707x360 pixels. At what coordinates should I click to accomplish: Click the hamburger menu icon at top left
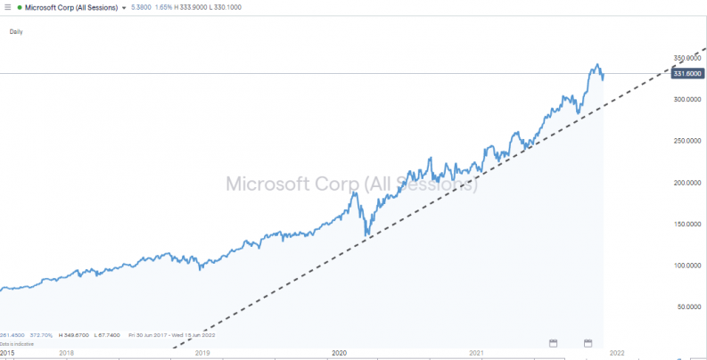click(7, 7)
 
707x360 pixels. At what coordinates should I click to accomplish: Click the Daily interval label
click(16, 32)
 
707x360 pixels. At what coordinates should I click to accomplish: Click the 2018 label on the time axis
click(66, 353)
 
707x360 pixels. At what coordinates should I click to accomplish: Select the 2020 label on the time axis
click(339, 353)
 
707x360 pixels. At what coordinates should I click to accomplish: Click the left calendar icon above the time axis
click(552, 342)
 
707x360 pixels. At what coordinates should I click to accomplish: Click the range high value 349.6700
click(74, 335)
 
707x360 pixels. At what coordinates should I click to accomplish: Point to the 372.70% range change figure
click(40, 335)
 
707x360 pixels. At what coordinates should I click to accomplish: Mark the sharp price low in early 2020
click(366, 236)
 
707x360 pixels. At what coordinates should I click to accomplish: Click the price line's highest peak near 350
click(596, 64)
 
